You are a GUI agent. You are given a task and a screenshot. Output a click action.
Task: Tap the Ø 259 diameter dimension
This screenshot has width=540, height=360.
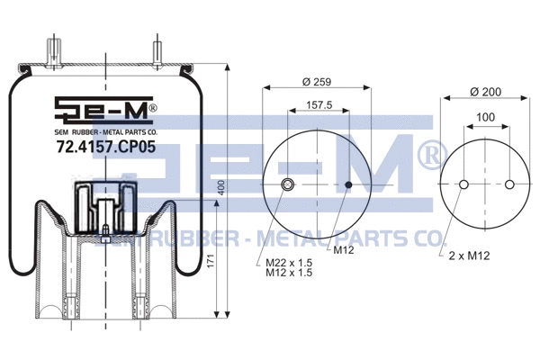(x=315, y=82)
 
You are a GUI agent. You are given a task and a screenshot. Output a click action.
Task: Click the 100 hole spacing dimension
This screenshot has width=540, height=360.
(x=486, y=117)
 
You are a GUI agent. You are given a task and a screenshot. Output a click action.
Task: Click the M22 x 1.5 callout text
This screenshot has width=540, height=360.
(x=290, y=263)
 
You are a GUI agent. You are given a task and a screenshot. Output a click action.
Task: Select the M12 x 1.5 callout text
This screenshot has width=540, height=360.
(x=290, y=274)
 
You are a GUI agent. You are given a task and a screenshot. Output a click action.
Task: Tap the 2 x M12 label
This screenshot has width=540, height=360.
(x=468, y=256)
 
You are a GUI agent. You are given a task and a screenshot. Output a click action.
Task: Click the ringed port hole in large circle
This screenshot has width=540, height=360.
(x=288, y=185)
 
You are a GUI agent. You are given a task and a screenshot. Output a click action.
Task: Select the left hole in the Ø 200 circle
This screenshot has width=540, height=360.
(x=463, y=185)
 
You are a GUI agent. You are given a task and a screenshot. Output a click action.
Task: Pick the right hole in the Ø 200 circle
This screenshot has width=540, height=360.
(x=509, y=185)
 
